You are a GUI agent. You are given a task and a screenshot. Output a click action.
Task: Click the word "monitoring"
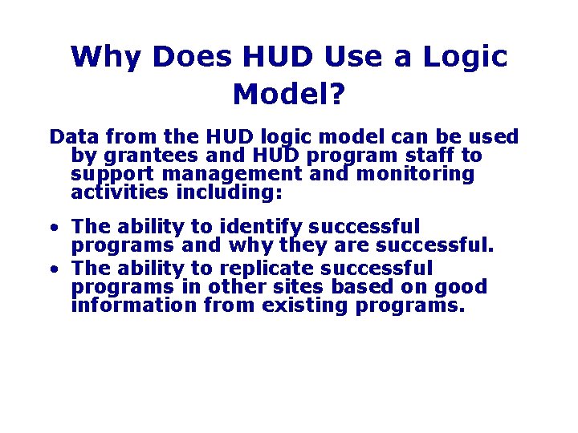(415, 174)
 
